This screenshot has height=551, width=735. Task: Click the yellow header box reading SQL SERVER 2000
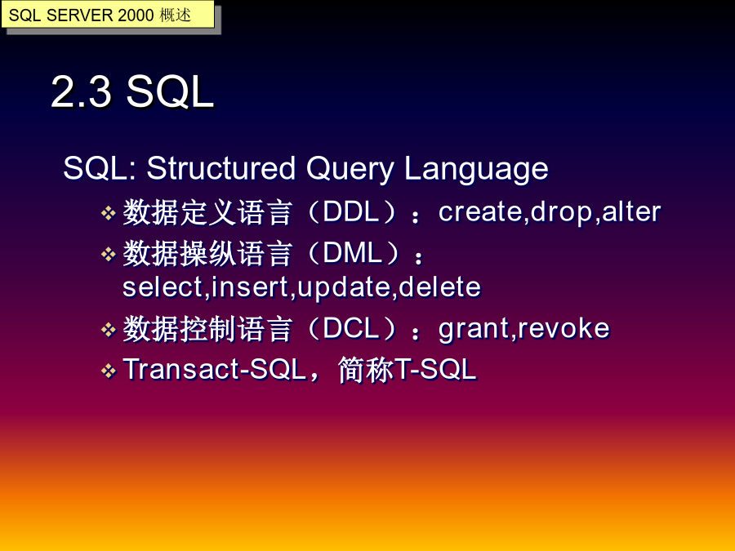click(x=108, y=15)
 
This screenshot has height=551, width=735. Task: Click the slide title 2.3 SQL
click(x=132, y=91)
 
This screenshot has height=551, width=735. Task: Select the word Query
click(x=350, y=169)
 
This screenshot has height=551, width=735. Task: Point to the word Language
click(x=476, y=169)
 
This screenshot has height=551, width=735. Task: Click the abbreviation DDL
click(x=350, y=211)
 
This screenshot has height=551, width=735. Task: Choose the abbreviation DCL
click(x=350, y=328)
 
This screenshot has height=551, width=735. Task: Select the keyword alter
click(x=631, y=211)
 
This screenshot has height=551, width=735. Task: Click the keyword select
click(x=163, y=287)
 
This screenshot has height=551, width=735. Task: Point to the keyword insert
click(x=250, y=287)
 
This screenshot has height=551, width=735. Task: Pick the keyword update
click(x=344, y=289)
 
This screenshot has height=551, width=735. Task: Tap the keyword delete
click(x=439, y=287)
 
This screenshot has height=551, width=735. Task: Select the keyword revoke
click(x=563, y=328)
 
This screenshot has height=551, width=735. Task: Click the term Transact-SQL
click(x=215, y=369)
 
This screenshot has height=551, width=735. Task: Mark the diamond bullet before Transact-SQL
click(x=109, y=371)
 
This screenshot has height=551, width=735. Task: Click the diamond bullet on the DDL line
click(x=109, y=213)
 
